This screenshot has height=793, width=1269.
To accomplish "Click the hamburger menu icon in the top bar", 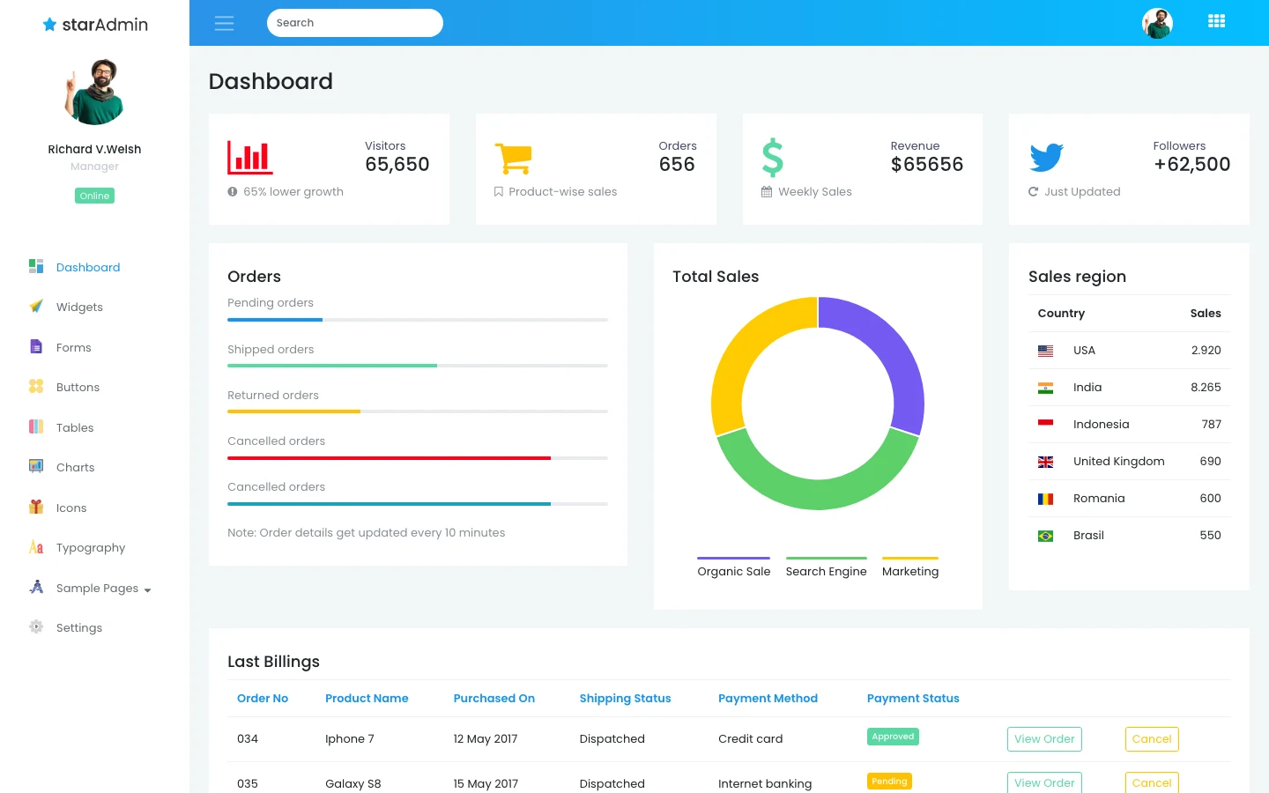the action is (225, 23).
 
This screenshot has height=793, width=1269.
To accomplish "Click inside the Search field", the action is (354, 23).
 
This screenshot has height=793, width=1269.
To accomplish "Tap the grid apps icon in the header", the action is (1216, 21).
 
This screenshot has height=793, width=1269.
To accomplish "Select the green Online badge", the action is (94, 196).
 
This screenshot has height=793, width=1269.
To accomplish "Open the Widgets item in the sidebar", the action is (79, 307).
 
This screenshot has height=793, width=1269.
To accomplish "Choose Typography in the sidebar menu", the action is (91, 548).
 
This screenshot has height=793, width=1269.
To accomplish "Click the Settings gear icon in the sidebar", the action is (36, 626).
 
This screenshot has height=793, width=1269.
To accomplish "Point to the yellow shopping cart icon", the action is (513, 158).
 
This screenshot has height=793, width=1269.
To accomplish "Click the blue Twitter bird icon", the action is (1046, 157).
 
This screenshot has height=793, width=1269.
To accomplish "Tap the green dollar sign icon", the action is (773, 158).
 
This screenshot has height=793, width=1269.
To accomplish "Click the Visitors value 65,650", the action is (397, 164).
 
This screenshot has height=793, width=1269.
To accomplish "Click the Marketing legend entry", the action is (910, 571).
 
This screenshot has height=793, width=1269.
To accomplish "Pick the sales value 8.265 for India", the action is (1206, 388).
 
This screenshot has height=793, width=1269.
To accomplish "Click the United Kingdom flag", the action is (1045, 462).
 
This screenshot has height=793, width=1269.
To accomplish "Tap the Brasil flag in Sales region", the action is (1045, 536).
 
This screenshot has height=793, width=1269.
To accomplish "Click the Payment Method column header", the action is (768, 699).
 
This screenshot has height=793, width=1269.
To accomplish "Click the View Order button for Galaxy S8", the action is (1044, 782).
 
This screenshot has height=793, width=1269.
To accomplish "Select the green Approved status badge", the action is (893, 737).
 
